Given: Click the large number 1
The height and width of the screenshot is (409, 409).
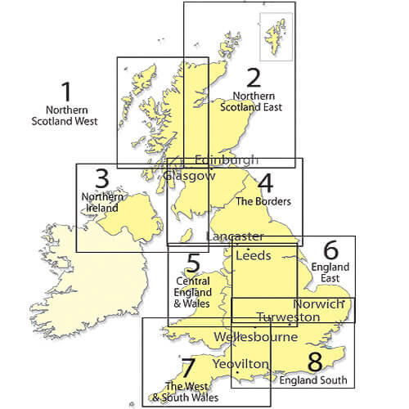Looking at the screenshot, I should tap(67, 91).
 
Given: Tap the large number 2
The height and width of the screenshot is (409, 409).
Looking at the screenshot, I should tap(254, 78).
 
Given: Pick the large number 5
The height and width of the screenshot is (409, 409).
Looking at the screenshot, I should tap(193, 263).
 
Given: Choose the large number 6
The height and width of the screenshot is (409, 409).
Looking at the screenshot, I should tap(330, 249).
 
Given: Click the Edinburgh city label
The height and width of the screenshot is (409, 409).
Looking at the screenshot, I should tap(227, 160).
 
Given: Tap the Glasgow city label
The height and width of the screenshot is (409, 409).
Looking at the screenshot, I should tap(189, 175).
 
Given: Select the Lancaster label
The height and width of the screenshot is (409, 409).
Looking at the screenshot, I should tap(235, 236).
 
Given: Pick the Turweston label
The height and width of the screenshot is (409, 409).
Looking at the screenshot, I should tap(285, 317).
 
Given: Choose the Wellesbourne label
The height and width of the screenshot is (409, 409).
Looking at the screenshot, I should tap(254, 336).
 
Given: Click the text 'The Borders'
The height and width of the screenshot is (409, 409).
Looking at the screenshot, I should tap(263, 200).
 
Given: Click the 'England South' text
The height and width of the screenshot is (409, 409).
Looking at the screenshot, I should tap(312, 380).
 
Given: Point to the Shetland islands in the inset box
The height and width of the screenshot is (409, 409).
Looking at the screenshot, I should tap(271, 34).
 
